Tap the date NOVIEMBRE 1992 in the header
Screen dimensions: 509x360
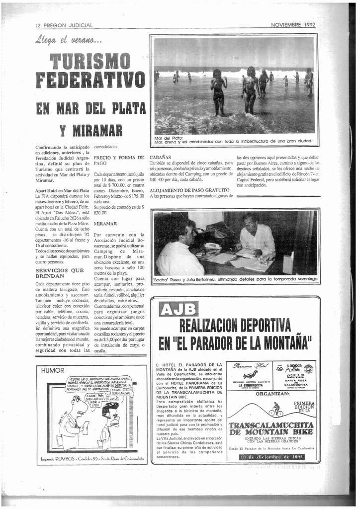coord(293,24)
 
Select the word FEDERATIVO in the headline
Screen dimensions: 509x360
coord(90,81)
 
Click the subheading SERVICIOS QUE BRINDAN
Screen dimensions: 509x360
coord(59,273)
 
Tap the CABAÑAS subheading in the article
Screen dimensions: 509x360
coord(160,157)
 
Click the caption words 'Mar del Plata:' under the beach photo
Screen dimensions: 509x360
coord(169,138)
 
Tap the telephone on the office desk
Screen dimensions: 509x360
coord(213,246)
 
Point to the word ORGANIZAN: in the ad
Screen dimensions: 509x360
coord(272,393)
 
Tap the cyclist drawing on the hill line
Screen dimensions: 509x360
coord(276,410)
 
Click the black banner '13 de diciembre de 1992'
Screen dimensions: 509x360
coord(271,457)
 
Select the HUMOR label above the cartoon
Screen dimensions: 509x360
coord(53,370)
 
